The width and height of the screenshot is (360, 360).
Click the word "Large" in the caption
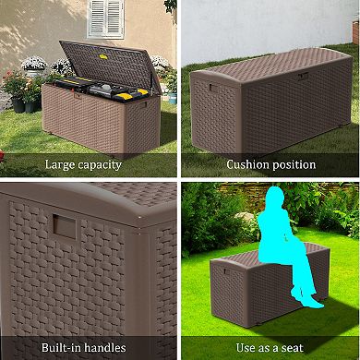click(62, 165)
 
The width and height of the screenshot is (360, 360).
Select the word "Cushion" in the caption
click(248, 165)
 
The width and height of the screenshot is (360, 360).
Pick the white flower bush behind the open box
click(35, 65)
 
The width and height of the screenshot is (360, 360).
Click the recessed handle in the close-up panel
click(64, 224)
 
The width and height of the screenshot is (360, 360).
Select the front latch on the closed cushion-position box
click(301, 76)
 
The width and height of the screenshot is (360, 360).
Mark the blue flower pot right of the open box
click(172, 94)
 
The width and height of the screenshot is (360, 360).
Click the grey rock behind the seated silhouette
click(246, 225)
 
